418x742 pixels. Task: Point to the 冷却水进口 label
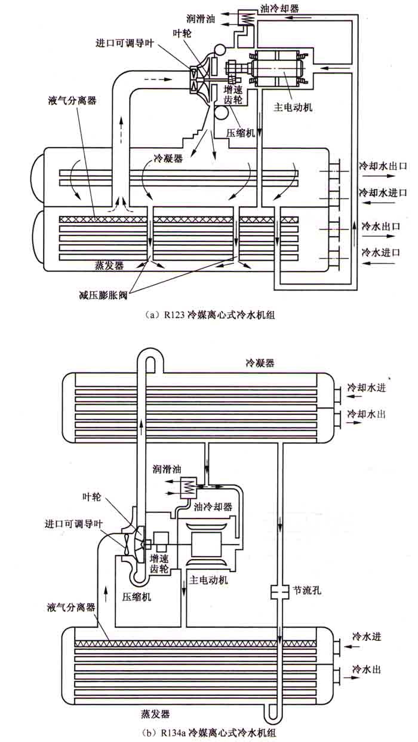tap(383, 193)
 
